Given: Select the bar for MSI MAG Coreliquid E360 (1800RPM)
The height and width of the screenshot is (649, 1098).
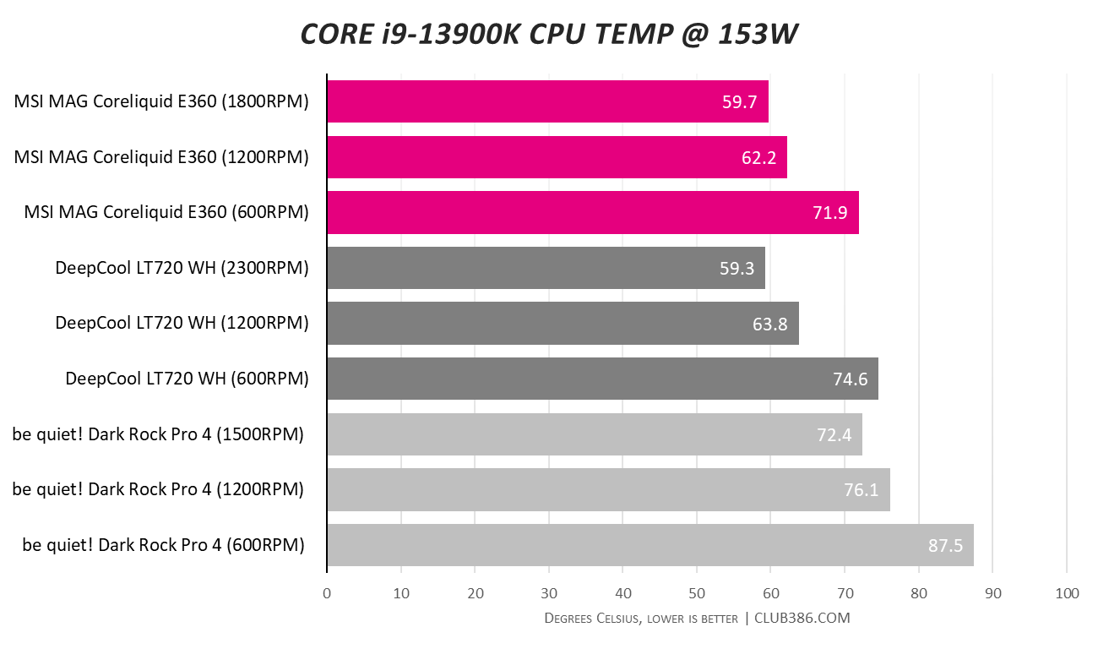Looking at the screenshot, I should pyautogui.click(x=547, y=101).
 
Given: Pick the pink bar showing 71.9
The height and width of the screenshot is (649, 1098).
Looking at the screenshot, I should pyautogui.click(x=592, y=213).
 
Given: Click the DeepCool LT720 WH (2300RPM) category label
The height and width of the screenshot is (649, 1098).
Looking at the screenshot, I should pyautogui.click(x=182, y=268).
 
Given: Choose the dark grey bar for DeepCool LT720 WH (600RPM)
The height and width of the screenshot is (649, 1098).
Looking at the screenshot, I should pyautogui.click(x=602, y=379).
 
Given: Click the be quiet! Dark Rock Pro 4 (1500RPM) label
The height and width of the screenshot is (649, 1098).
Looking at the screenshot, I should pyautogui.click(x=158, y=434).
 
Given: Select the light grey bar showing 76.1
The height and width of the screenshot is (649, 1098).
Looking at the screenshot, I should pyautogui.click(x=608, y=490).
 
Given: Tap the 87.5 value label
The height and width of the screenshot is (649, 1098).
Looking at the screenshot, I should pyautogui.click(x=945, y=545).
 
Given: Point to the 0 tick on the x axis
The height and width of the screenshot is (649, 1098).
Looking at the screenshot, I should pyautogui.click(x=327, y=593).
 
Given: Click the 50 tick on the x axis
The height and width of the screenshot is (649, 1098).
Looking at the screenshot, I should pyautogui.click(x=697, y=593).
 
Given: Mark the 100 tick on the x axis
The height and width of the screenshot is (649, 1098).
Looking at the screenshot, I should pyautogui.click(x=1067, y=593).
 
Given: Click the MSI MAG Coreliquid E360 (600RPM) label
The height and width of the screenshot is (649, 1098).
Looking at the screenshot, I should pyautogui.click(x=166, y=213).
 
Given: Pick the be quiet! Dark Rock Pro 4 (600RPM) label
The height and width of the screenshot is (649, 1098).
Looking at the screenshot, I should pyautogui.click(x=164, y=545).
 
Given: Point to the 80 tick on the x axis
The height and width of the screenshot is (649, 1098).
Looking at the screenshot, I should pyautogui.click(x=919, y=593).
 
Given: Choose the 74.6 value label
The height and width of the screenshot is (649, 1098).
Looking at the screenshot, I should pyautogui.click(x=851, y=379).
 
